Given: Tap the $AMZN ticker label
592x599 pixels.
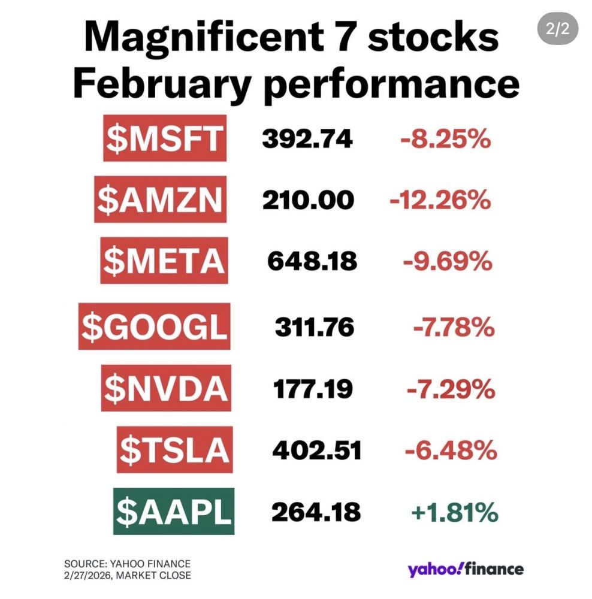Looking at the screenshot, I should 161,200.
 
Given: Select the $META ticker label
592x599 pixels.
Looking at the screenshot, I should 164,261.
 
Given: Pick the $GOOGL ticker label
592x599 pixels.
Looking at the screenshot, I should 155,327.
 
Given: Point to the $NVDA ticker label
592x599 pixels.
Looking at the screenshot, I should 165,389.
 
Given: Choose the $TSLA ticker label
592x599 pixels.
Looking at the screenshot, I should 174,450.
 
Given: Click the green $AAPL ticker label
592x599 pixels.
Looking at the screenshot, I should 173,512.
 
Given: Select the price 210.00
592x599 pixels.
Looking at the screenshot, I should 308,200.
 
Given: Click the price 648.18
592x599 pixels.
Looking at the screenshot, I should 312,261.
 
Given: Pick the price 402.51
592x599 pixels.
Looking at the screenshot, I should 317,450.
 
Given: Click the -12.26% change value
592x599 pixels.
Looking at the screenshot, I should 440,200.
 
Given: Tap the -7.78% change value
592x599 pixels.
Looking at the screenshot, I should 454,327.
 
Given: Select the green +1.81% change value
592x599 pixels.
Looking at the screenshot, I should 454,512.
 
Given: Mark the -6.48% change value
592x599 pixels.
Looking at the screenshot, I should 451,450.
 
